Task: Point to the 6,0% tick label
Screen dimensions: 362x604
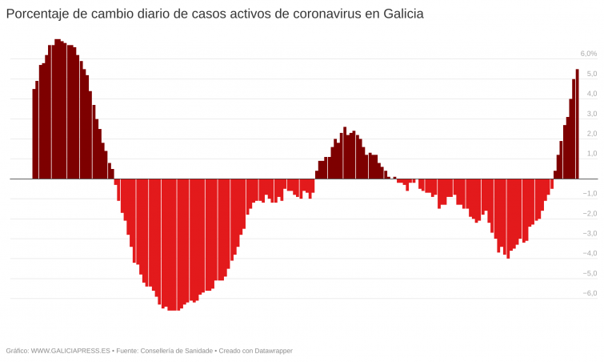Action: pos(588,54)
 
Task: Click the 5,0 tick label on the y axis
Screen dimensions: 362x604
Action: pos(592,74)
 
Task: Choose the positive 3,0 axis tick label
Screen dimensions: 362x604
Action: pos(592,114)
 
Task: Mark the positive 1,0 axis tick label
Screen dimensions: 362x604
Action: pos(592,154)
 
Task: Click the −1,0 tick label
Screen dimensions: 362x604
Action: pos(590,194)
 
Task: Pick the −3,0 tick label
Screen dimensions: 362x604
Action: pos(590,234)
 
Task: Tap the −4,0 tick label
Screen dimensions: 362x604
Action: pos(590,254)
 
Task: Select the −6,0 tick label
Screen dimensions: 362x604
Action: pos(590,294)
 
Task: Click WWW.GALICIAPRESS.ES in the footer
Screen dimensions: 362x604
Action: pos(70,351)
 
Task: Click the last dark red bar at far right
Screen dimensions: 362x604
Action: pos(577,124)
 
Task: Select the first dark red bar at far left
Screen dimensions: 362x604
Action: pos(34,134)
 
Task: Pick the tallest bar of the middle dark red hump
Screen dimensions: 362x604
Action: pos(345,153)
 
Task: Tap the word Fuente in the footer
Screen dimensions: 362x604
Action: pos(128,351)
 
